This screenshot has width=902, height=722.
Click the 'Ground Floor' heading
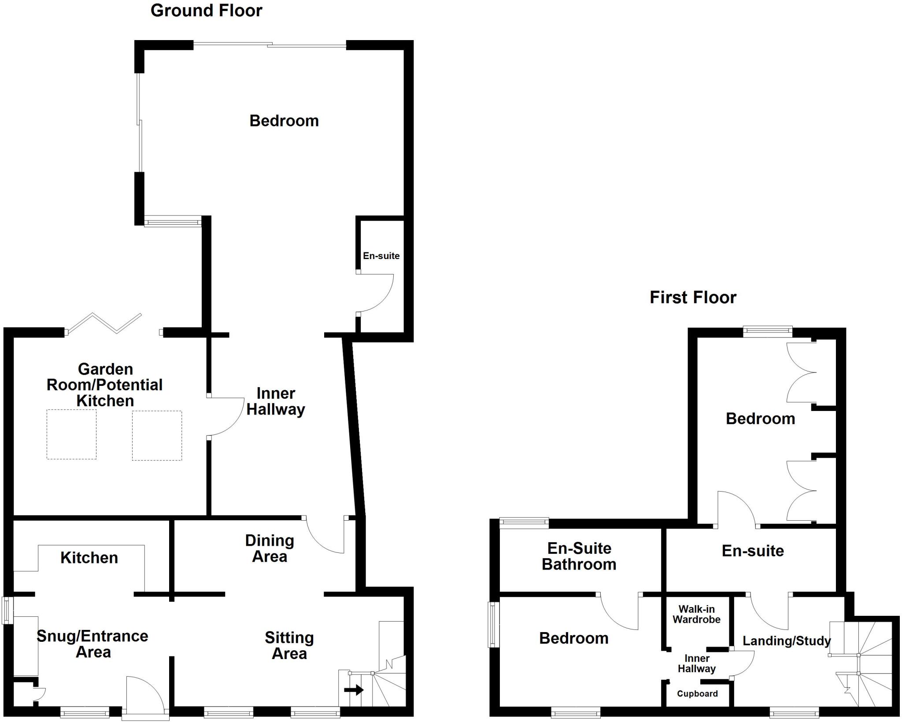pyautogui.click(x=206, y=11)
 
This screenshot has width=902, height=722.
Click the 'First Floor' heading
pyautogui.click(x=693, y=298)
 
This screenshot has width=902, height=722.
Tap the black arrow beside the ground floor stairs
pyautogui.click(x=354, y=689)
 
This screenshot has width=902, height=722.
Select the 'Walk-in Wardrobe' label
pyautogui.click(x=696, y=614)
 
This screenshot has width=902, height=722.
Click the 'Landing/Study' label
pyautogui.click(x=787, y=641)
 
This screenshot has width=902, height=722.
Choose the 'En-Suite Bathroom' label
pyautogui.click(x=579, y=556)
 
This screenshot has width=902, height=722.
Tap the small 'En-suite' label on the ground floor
pyautogui.click(x=381, y=256)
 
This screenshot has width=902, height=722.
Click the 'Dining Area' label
pyautogui.click(x=270, y=548)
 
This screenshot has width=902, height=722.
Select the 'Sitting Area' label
pyautogui.click(x=289, y=645)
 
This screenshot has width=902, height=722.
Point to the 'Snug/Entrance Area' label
pyautogui.click(x=92, y=644)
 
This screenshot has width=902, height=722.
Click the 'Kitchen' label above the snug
pyautogui.click(x=89, y=558)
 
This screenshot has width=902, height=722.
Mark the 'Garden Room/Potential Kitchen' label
pyautogui.click(x=105, y=385)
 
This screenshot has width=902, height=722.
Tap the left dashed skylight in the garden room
pyautogui.click(x=71, y=434)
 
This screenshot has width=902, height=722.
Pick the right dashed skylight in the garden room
pyautogui.click(x=157, y=436)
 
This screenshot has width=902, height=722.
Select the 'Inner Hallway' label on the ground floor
pyautogui.click(x=276, y=401)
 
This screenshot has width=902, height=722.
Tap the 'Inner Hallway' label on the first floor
pyautogui.click(x=696, y=663)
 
